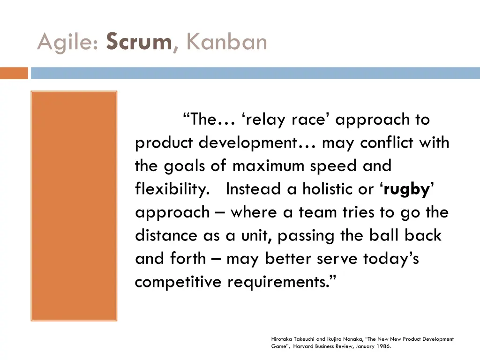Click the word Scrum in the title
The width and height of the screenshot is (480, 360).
click(x=139, y=42)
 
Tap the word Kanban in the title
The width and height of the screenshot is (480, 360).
click(x=226, y=42)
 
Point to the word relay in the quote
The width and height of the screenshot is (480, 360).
click(x=266, y=120)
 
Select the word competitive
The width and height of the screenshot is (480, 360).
click(x=179, y=282)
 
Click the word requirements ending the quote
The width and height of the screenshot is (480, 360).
click(x=282, y=282)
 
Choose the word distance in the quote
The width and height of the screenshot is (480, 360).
click(x=166, y=236)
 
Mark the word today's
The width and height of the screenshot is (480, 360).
click(x=391, y=259)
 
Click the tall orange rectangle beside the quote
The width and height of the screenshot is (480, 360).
click(x=74, y=206)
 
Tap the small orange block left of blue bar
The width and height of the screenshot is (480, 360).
click(x=14, y=73)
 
